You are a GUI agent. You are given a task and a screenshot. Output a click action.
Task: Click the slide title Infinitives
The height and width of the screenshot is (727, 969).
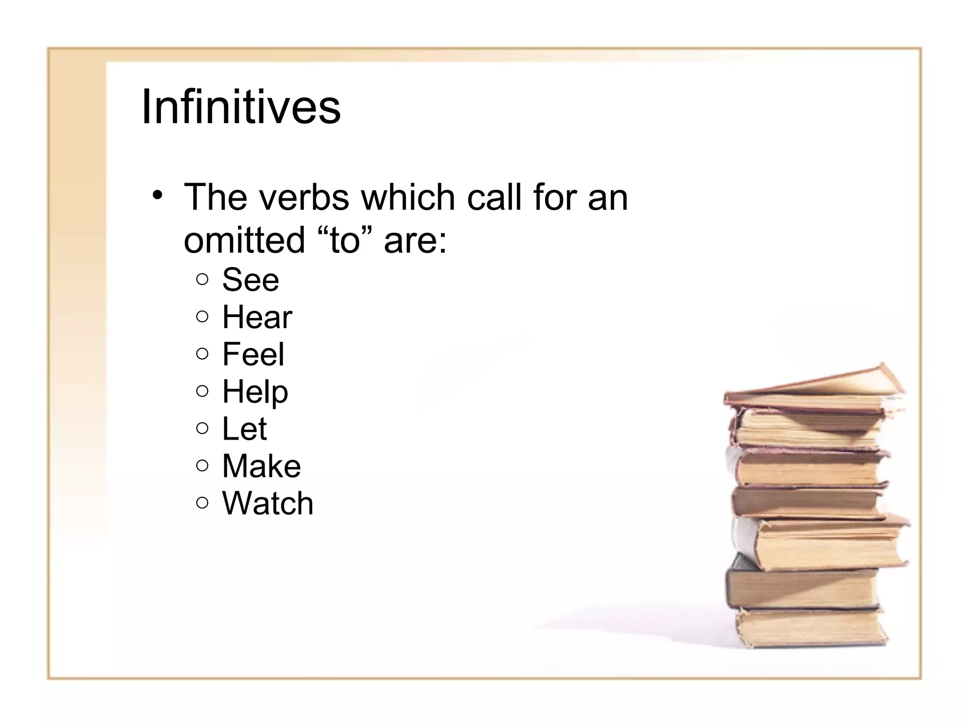pos(241,106)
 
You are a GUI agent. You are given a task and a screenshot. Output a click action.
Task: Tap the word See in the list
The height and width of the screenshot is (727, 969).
pos(250,280)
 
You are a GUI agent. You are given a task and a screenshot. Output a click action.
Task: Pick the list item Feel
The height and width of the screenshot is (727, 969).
pos(253,354)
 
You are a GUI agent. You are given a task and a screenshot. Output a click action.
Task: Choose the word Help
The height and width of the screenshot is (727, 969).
pos(255,392)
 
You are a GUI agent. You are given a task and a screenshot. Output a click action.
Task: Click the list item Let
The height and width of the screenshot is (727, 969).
pos(244,428)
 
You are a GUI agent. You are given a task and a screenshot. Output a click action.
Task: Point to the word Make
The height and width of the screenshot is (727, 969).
pos(261,466)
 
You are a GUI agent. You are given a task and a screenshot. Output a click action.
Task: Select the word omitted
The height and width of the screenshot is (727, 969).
pos(244,239)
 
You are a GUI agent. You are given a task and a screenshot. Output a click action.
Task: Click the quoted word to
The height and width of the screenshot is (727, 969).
pos(344,239)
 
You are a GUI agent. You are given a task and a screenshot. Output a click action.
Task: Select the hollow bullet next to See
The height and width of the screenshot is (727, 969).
pos(202,279)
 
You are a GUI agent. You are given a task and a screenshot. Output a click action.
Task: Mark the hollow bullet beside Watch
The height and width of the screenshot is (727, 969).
pos(202,502)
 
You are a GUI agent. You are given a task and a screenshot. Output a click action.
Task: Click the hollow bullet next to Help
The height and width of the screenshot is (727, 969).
pos(202,391)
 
